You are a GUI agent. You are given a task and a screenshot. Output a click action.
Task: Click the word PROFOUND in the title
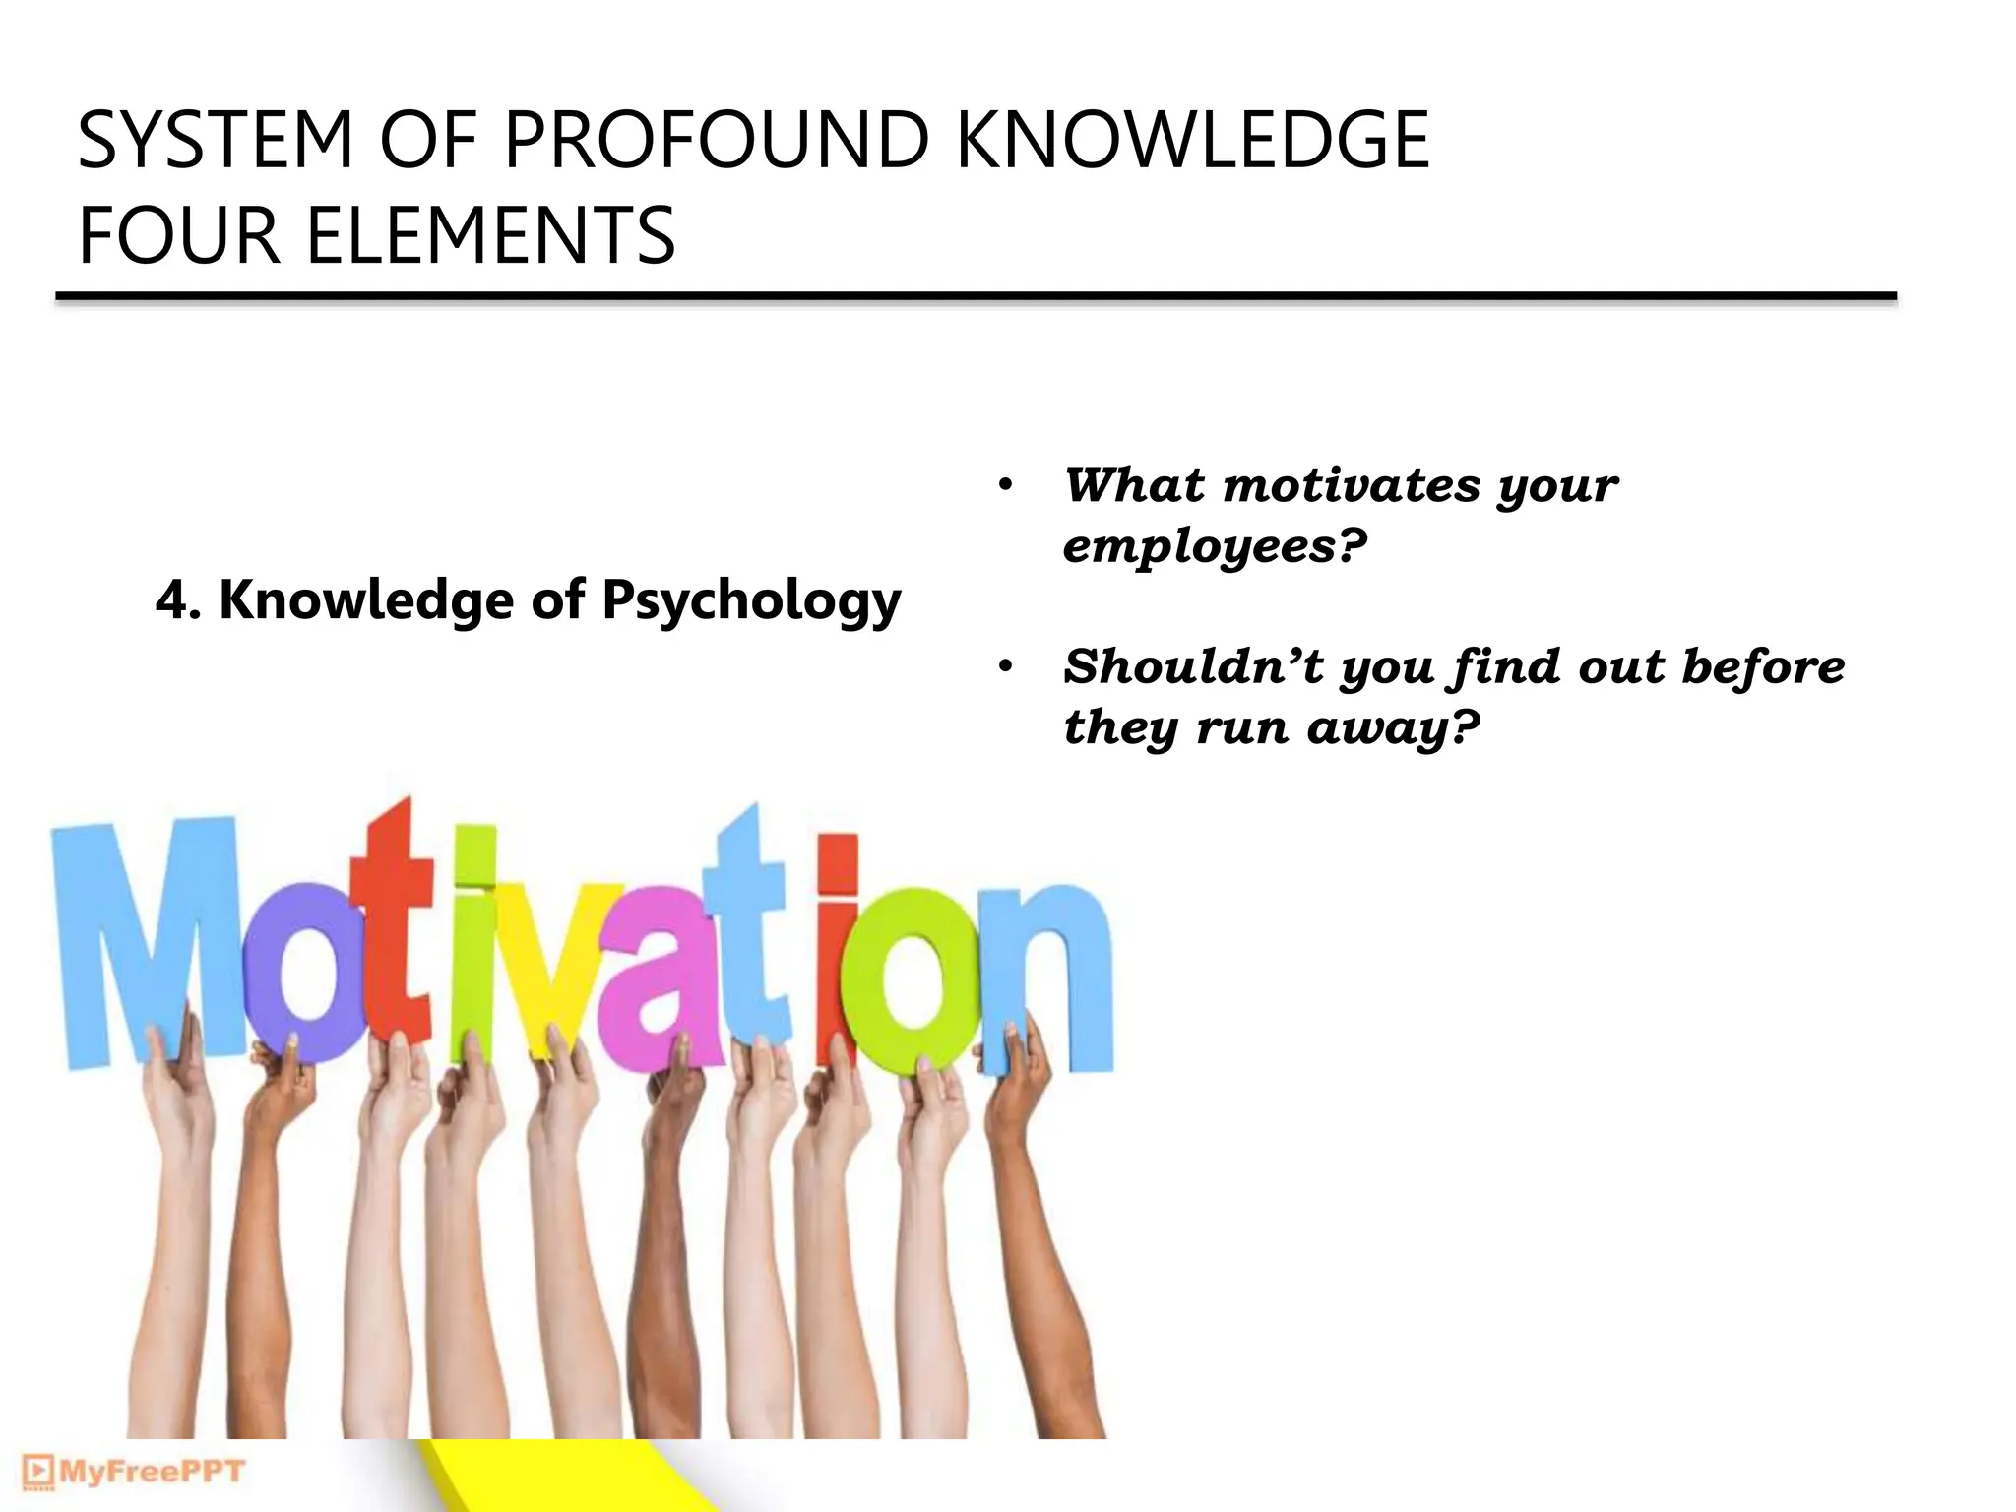(x=716, y=141)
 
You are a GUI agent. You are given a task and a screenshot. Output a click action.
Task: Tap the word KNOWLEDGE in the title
(x=1192, y=141)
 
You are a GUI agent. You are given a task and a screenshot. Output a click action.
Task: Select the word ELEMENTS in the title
(x=490, y=236)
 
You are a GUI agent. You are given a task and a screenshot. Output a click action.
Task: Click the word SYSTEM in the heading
(x=215, y=141)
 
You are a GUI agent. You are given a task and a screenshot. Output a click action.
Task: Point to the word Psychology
(x=751, y=601)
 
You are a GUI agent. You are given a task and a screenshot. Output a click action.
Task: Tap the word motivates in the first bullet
(x=1352, y=485)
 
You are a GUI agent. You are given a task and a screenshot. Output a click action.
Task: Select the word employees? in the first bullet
(x=1216, y=546)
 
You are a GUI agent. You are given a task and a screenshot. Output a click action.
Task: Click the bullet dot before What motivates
(x=1005, y=485)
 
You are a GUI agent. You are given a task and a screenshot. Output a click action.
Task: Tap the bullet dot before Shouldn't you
(x=1005, y=667)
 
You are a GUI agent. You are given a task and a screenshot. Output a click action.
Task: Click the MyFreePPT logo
(x=133, y=1472)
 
